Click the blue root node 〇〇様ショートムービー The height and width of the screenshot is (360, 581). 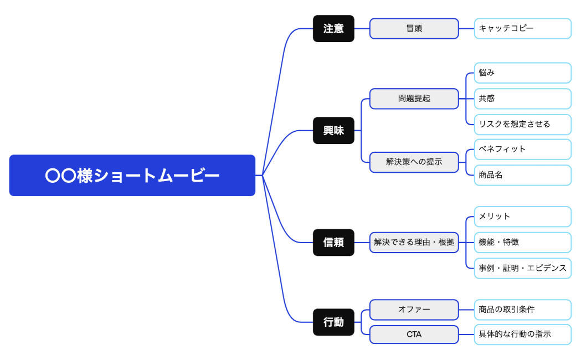pos(132,176)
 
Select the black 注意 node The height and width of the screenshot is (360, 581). pos(333,29)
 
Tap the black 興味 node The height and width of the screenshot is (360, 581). pos(333,131)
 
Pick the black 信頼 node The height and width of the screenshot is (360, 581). pos(333,243)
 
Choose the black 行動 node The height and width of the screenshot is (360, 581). pos(333,322)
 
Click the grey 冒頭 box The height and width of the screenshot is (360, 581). pos(414,29)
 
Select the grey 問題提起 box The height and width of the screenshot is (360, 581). pos(414,99)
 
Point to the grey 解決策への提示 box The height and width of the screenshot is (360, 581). pos(414,162)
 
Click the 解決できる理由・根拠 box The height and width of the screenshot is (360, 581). pos(414,243)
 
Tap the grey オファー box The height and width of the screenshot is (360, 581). pos(414,310)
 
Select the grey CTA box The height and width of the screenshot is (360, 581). pos(414,335)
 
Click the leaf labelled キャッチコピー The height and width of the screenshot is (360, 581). pos(522,29)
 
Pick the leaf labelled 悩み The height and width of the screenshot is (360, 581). pos(522,73)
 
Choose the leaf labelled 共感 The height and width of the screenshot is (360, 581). pos(522,99)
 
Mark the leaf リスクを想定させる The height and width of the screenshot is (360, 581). pos(522,125)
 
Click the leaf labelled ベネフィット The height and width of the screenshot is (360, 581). pos(522,150)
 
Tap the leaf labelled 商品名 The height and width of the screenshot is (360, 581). pos(522,175)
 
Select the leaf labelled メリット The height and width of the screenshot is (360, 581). pos(522,217)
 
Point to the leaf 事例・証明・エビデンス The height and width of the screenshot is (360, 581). pos(522,268)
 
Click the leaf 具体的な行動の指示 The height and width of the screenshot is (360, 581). pos(522,335)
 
